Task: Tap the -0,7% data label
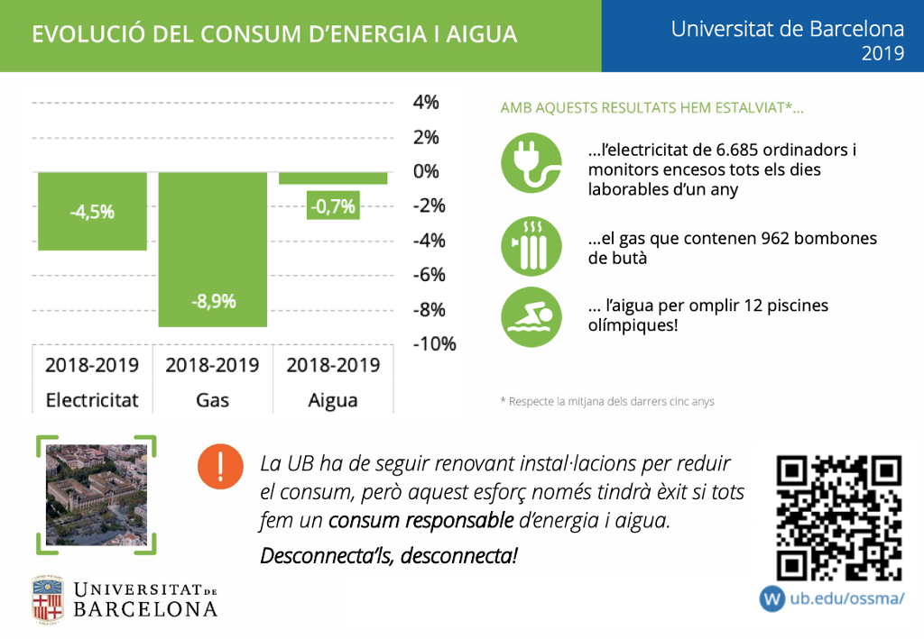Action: pyautogui.click(x=333, y=206)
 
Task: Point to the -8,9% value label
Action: pyautogui.click(x=213, y=301)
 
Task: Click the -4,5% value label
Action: pyautogui.click(x=92, y=212)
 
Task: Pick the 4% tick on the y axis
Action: pyautogui.click(x=425, y=103)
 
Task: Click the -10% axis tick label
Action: pyautogui.click(x=433, y=344)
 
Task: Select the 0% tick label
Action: pyautogui.click(x=425, y=171)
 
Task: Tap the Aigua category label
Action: pyautogui.click(x=333, y=400)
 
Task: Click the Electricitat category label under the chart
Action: pyautogui.click(x=92, y=400)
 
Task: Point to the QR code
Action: pyautogui.click(x=839, y=517)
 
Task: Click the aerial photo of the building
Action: pyautogui.click(x=96, y=495)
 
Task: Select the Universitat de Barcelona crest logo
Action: pyautogui.click(x=48, y=599)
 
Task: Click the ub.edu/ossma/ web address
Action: pyautogui.click(x=846, y=598)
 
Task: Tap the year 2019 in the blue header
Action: pyautogui.click(x=882, y=53)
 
